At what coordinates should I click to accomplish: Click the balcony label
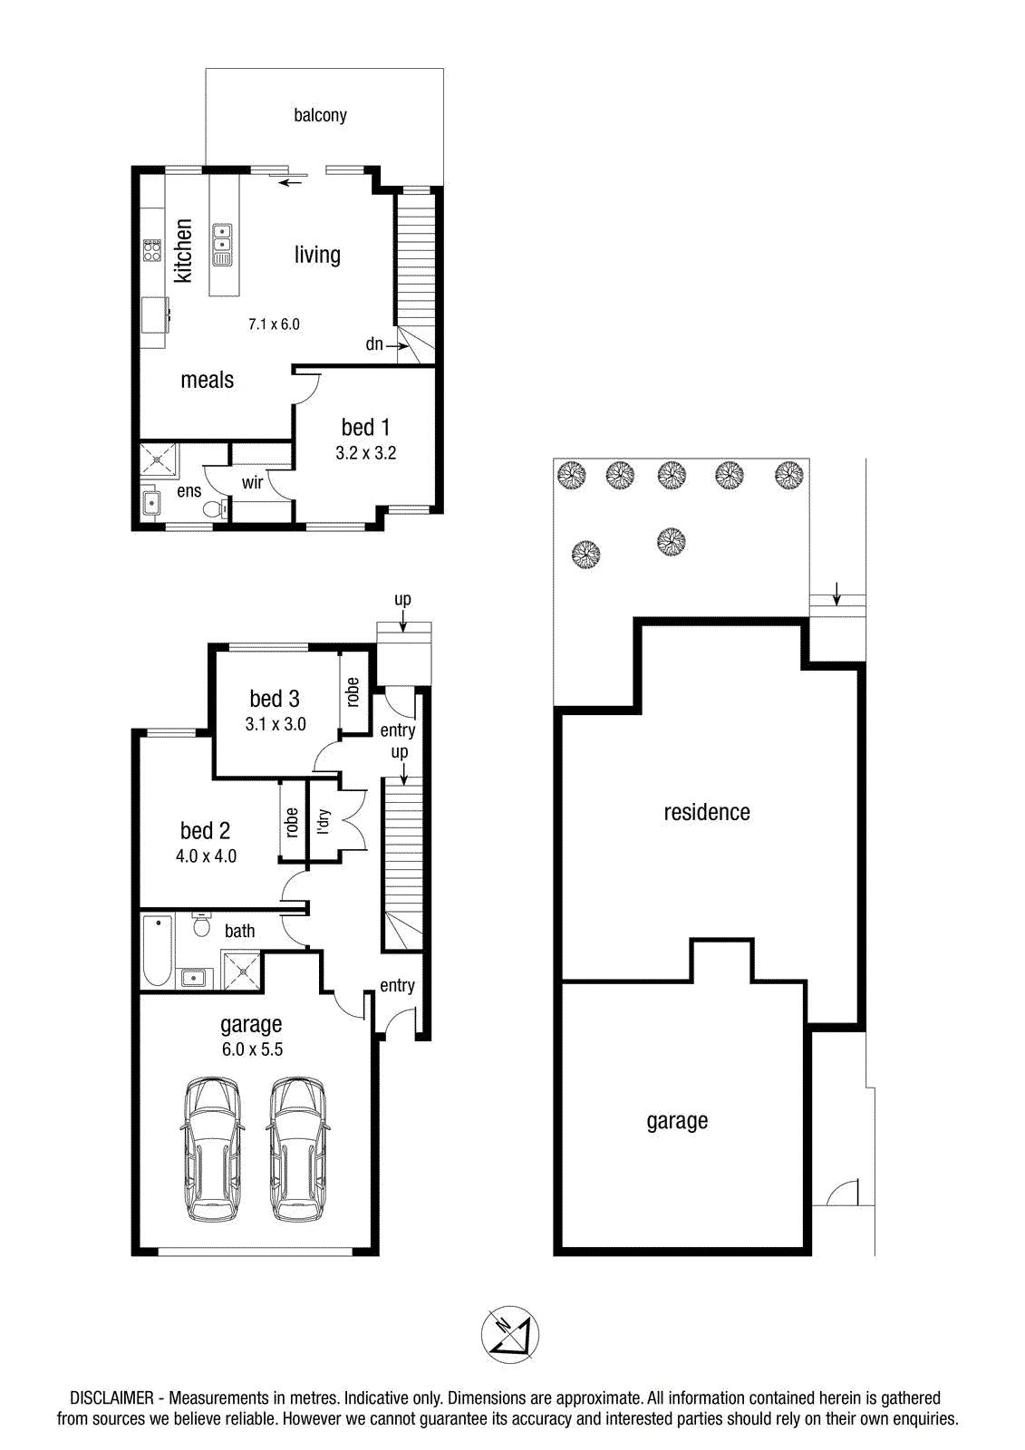coord(320,115)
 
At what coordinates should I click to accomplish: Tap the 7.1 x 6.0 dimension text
coord(274,324)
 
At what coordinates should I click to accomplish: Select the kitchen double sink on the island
coord(222,245)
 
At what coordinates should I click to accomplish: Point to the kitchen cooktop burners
coord(152,250)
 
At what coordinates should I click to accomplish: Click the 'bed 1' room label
coord(366,427)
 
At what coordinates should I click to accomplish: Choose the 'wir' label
coord(253,482)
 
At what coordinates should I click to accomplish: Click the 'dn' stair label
coord(374,343)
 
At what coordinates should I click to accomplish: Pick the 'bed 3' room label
coord(275,699)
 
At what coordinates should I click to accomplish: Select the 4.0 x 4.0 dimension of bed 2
coord(206,855)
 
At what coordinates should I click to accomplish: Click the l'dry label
coord(324,821)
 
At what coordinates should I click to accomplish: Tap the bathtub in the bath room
coord(157,951)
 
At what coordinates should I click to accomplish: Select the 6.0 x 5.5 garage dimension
coord(253,1049)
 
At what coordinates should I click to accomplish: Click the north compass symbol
coord(510,1335)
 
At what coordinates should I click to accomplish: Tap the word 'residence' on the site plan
coord(707,812)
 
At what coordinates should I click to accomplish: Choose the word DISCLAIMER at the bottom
coord(112,1397)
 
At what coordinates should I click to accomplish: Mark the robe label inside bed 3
coord(353,691)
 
